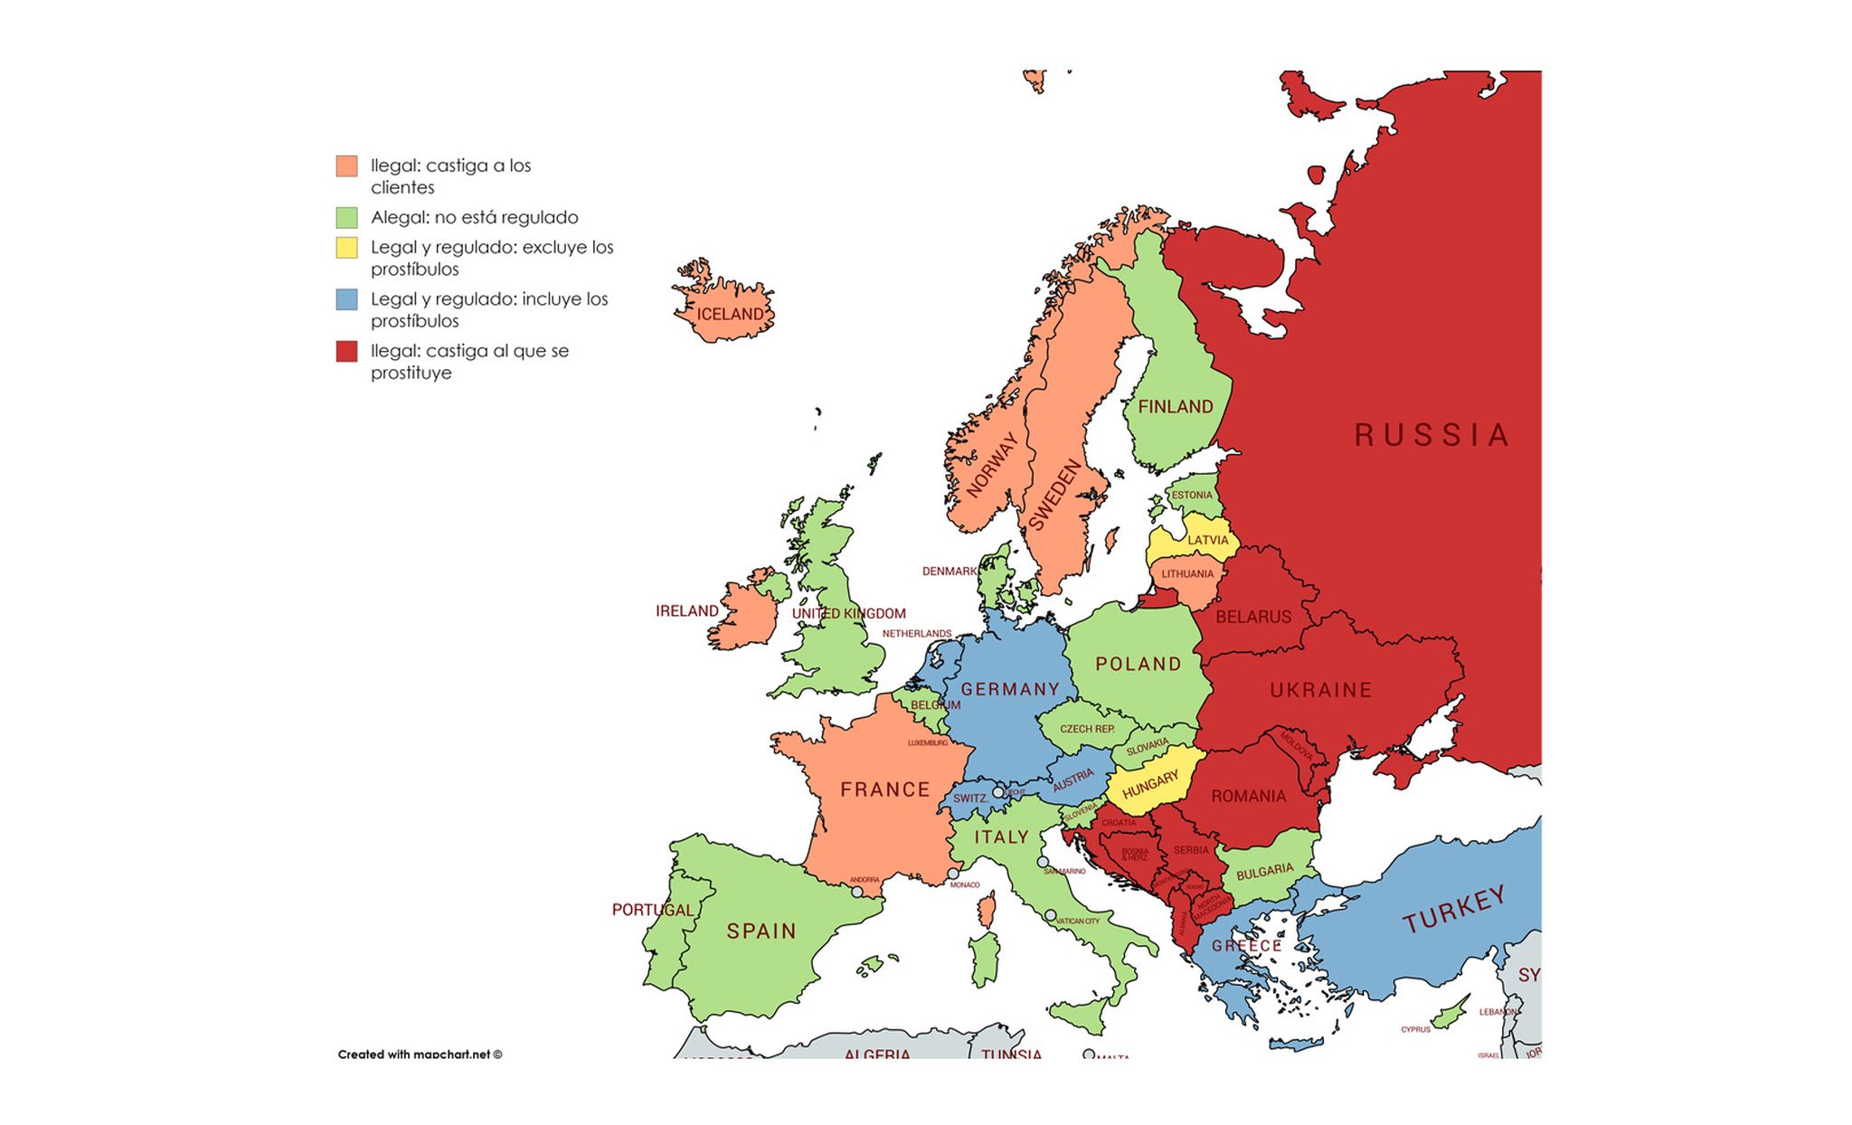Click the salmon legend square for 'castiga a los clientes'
coord(346,165)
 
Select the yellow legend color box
coord(346,248)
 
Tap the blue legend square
coord(346,299)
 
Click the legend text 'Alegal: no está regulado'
coord(474,217)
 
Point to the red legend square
coord(346,351)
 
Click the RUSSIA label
coord(1432,435)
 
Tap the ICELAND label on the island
coord(730,314)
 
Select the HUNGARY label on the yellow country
coord(1150,784)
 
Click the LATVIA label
coord(1207,540)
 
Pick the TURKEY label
coord(1453,908)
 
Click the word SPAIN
coord(761,931)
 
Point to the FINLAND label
coord(1175,407)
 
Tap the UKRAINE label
coord(1320,690)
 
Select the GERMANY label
coord(1009,689)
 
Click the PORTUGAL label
coord(652,910)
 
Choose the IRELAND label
coord(686,611)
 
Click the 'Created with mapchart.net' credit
coord(420,1054)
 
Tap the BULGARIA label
coord(1264,872)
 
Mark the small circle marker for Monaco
coord(952,874)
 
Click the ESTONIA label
coord(1191,495)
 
